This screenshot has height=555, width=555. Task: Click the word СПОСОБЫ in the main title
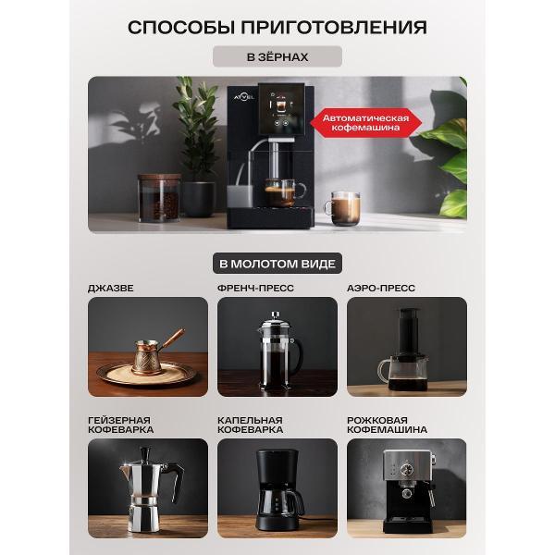[180, 27]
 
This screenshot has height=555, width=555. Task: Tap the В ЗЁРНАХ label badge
[277, 56]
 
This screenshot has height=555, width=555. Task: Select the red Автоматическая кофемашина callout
[365, 123]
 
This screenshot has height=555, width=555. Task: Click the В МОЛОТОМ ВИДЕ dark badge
[277, 264]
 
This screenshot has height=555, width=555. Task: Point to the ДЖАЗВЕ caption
[111, 288]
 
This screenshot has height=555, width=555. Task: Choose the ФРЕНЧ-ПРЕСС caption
[255, 288]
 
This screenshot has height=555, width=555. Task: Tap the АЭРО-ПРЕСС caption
[381, 288]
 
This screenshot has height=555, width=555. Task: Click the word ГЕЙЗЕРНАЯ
[119, 420]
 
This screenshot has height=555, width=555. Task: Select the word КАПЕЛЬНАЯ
[250, 420]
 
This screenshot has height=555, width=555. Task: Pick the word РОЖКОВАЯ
[377, 420]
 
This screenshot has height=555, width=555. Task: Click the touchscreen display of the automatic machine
[281, 109]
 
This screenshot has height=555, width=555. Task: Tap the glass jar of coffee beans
[160, 198]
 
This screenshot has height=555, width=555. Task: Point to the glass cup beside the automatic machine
[343, 208]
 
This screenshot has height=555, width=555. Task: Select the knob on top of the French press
[276, 314]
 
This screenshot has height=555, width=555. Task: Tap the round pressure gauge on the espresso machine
[406, 470]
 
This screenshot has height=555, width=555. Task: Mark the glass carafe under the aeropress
[404, 373]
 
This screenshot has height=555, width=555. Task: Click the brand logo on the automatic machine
[243, 97]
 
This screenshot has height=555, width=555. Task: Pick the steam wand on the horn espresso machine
[431, 496]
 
